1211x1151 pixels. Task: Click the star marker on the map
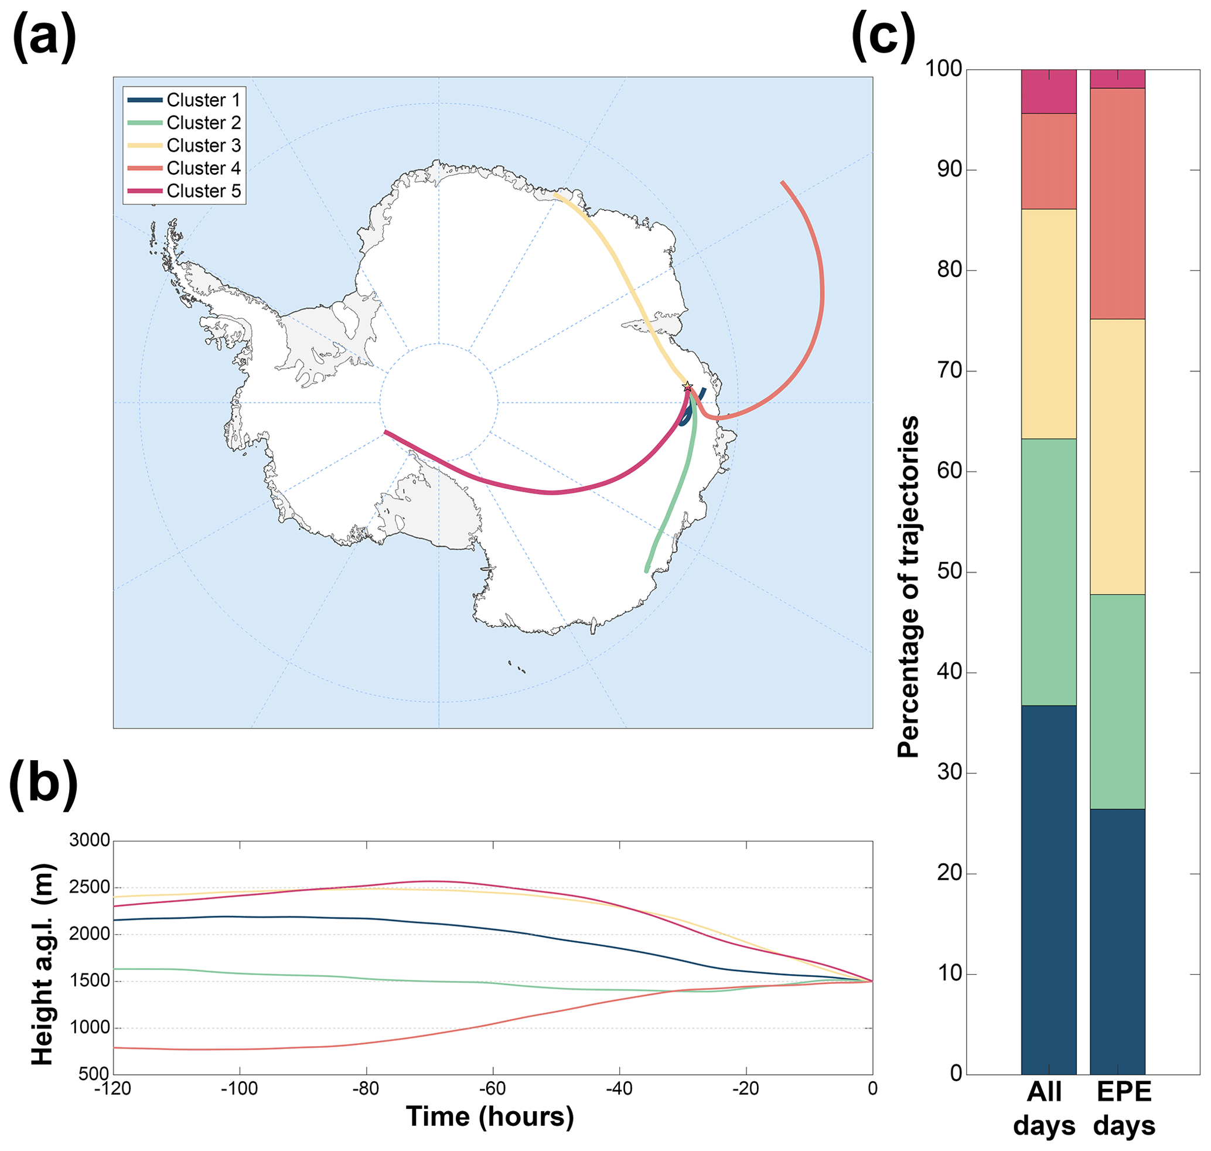point(688,387)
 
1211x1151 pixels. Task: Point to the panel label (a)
point(44,39)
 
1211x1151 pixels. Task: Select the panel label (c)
point(883,39)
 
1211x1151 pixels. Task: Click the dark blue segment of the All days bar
point(1049,889)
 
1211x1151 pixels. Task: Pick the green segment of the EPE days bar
point(1117,702)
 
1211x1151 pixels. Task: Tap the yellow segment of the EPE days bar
point(1117,457)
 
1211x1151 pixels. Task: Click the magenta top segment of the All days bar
point(1049,91)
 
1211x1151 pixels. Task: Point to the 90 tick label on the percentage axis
point(950,170)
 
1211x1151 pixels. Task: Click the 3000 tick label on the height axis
point(90,840)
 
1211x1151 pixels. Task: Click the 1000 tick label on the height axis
point(90,1028)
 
